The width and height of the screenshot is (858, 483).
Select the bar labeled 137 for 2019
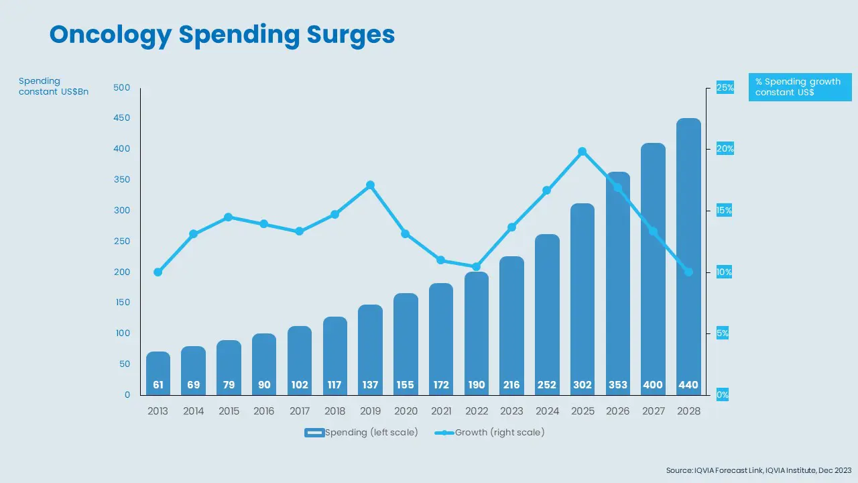(x=370, y=349)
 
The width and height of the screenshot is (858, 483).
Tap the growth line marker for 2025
(x=582, y=152)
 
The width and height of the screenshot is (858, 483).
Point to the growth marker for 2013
(x=158, y=272)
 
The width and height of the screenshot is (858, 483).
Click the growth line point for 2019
(x=370, y=185)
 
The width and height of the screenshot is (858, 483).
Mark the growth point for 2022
(x=476, y=266)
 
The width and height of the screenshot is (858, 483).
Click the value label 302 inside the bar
(x=582, y=385)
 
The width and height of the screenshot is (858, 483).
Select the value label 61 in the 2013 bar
(x=158, y=385)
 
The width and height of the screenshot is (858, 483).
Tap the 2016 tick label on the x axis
(x=264, y=411)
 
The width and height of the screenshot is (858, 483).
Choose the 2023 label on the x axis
(x=511, y=411)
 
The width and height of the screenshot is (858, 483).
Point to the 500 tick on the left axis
(x=122, y=87)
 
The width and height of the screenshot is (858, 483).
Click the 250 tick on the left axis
(x=122, y=241)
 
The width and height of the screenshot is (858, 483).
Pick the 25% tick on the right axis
(x=725, y=87)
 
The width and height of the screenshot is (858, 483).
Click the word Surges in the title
(x=351, y=35)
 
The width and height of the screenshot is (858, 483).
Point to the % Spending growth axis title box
(x=800, y=87)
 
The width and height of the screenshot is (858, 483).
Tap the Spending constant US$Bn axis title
(x=54, y=87)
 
